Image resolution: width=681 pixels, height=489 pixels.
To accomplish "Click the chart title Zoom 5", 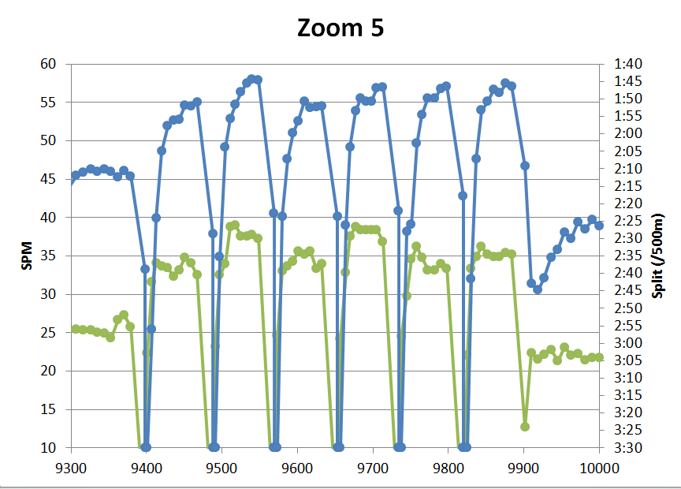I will click(340, 28).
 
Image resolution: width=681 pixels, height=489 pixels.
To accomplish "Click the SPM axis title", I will click(27, 256).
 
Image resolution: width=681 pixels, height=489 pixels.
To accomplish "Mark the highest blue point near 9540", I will click(251, 79).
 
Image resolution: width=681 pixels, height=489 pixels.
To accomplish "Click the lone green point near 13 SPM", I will click(524, 427).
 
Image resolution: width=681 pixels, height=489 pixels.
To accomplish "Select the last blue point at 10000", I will click(599, 226).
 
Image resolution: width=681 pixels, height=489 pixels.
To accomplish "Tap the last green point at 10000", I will click(599, 357).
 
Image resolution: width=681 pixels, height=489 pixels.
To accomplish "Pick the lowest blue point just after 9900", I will click(538, 289).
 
